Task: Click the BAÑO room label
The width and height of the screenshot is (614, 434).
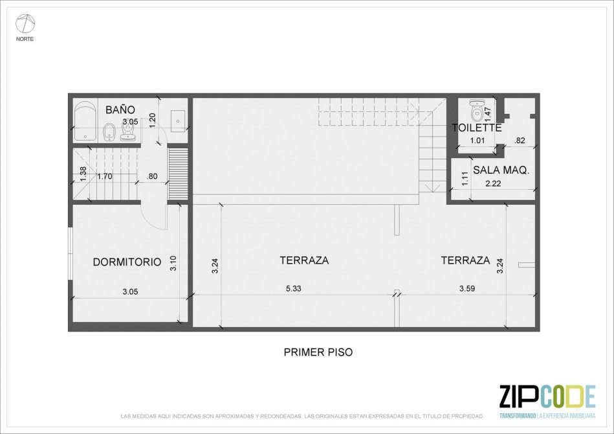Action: click(120, 109)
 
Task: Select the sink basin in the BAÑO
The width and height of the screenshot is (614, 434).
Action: click(178, 121)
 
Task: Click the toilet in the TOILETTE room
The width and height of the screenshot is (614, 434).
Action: click(476, 110)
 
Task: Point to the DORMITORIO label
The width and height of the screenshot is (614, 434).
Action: click(127, 262)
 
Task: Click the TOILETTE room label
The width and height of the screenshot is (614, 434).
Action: click(477, 128)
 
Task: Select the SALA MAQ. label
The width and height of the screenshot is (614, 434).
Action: click(501, 170)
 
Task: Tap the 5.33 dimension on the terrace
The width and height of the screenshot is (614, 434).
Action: click(293, 288)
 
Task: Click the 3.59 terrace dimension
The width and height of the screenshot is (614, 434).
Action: click(466, 288)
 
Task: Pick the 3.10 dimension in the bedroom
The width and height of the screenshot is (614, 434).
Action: click(173, 263)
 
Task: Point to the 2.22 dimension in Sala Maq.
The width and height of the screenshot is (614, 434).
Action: click(493, 183)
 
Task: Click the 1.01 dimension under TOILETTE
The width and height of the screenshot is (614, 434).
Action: click(477, 141)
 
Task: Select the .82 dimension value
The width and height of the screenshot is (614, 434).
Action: click(520, 141)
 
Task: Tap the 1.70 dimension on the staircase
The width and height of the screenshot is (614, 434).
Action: click(105, 176)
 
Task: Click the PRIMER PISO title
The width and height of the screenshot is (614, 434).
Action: click(318, 352)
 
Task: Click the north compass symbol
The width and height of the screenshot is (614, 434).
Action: click(25, 23)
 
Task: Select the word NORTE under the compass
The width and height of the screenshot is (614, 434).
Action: click(25, 39)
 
